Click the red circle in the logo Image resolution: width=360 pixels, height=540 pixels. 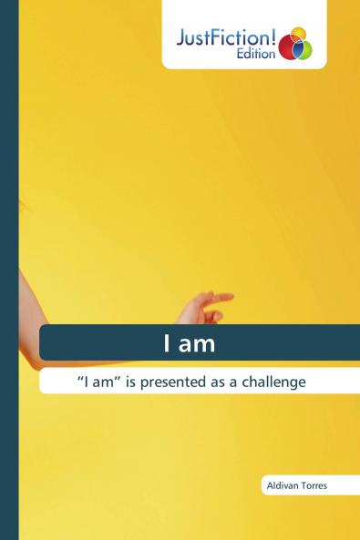[289, 48]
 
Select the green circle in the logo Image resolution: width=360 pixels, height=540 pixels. [303, 49]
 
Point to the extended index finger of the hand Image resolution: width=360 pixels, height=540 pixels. [221, 296]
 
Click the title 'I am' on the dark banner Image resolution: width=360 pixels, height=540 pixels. [189, 343]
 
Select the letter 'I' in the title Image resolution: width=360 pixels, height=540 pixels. [167, 343]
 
